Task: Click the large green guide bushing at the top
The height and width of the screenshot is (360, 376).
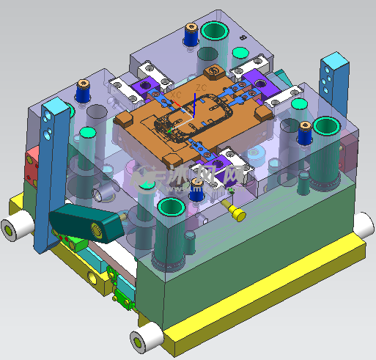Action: [x=215, y=31]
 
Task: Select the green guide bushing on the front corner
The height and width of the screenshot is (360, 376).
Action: [x=170, y=207]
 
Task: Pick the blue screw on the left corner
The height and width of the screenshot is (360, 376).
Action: [x=84, y=92]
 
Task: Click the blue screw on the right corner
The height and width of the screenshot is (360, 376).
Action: [x=305, y=133]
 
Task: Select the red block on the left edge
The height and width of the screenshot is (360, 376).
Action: [x=33, y=167]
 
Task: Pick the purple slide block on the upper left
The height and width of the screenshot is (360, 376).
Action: [x=149, y=90]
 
